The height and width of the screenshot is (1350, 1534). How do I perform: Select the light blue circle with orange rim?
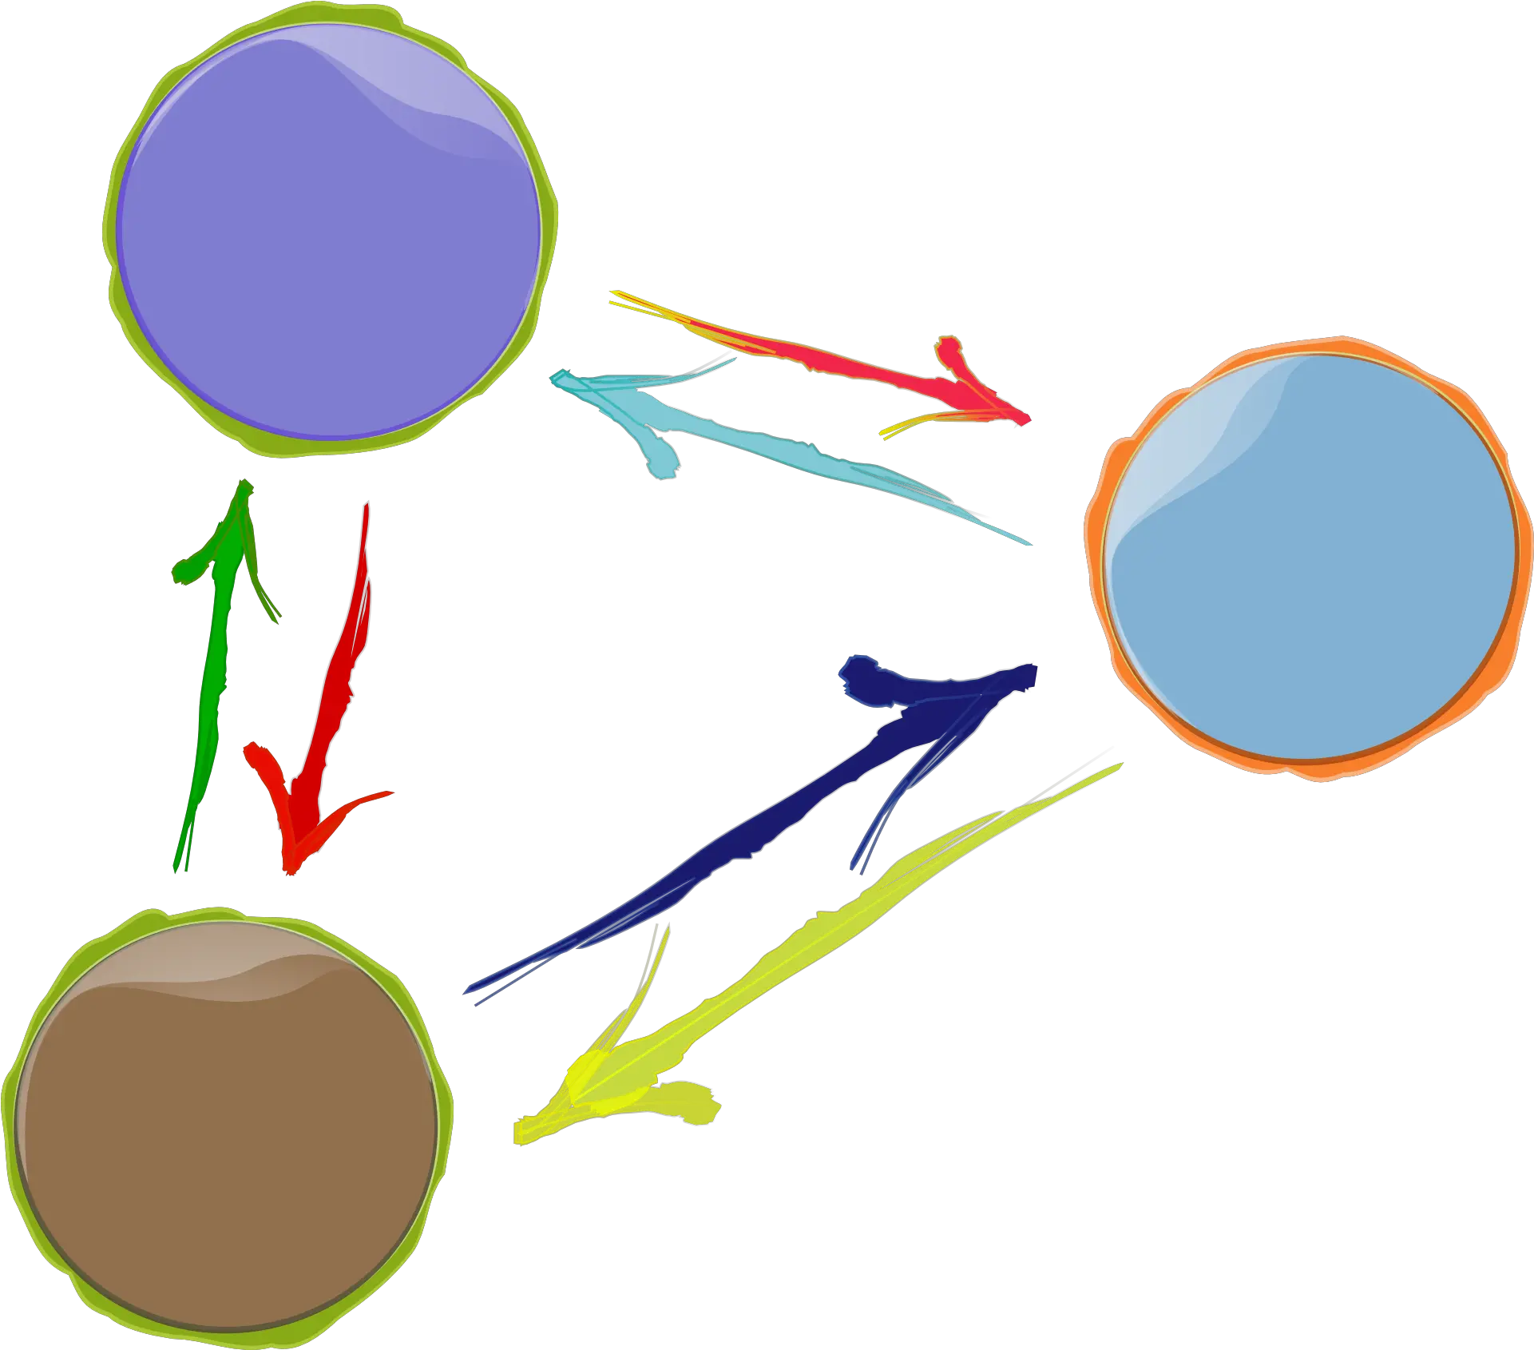[x=1310, y=559]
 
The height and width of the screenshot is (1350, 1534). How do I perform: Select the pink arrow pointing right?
[x=838, y=359]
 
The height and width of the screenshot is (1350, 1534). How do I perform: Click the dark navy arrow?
[x=759, y=831]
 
